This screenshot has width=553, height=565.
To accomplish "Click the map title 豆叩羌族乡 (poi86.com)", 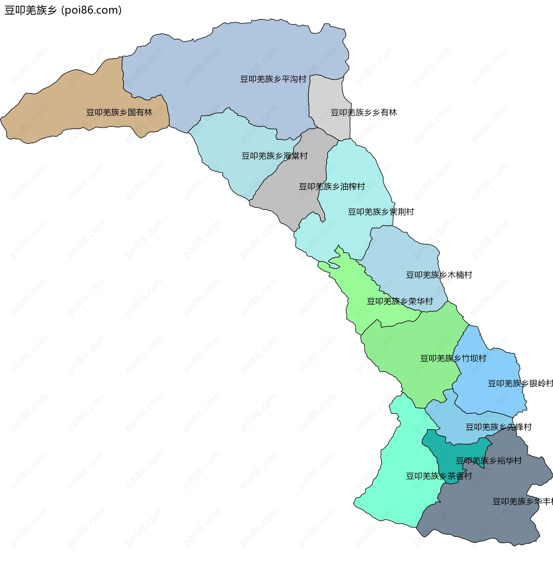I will click(x=63, y=10).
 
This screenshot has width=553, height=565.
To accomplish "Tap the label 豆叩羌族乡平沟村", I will click(x=273, y=79).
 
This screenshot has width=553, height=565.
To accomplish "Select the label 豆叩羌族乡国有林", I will click(x=119, y=112).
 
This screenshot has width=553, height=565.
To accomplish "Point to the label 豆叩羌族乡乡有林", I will click(x=364, y=112).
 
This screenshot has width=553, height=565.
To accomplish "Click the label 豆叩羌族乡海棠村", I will click(x=274, y=156).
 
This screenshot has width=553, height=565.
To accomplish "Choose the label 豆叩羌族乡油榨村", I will click(x=332, y=186).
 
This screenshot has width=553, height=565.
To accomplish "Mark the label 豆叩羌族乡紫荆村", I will click(x=381, y=212).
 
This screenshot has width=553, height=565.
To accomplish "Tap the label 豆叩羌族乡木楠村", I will click(x=439, y=275).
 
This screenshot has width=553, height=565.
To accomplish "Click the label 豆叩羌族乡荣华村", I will click(x=400, y=301).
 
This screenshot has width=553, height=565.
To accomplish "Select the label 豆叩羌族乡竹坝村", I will click(x=453, y=358).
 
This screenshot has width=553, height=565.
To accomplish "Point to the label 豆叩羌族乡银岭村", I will click(x=520, y=384).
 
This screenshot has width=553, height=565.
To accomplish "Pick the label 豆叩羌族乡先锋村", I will click(x=498, y=427).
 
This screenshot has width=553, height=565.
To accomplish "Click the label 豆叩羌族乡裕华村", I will click(x=488, y=461).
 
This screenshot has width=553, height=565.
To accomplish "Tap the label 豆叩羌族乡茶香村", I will click(x=439, y=476).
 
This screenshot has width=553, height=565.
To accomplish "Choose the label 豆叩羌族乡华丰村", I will click(x=522, y=501).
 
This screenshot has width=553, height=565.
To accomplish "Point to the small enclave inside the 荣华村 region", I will click(x=334, y=266).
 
